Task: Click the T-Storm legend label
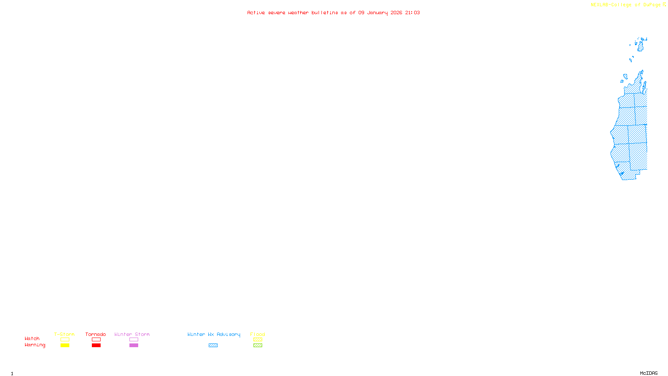(x=64, y=334)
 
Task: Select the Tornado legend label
(x=96, y=334)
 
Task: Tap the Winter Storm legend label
(x=132, y=334)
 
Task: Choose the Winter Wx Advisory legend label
(x=214, y=334)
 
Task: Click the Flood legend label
(x=258, y=334)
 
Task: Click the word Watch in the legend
(x=32, y=338)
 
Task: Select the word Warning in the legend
(x=35, y=345)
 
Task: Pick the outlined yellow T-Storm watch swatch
(x=65, y=340)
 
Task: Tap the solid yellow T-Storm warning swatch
(x=65, y=346)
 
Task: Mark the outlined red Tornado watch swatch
(x=96, y=340)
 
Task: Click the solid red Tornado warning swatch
(x=96, y=346)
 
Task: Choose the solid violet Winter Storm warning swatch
(x=134, y=346)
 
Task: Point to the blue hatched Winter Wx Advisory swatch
(x=213, y=346)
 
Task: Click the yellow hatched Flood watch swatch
(x=258, y=340)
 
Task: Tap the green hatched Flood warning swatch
(x=258, y=346)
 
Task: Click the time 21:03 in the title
(x=412, y=13)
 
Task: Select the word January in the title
(x=377, y=13)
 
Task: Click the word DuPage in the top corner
(x=652, y=5)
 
